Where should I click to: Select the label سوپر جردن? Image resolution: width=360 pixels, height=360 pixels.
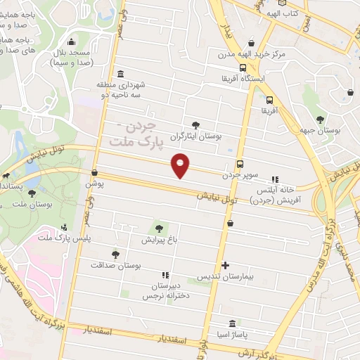coord(240,174)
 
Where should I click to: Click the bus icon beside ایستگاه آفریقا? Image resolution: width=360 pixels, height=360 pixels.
coord(243,68)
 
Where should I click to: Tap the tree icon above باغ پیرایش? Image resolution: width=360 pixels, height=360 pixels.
coord(159,228)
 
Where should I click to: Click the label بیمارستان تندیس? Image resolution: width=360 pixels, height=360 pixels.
coord(224,276)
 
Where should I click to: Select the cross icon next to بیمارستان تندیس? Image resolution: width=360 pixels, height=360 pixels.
coord(224,265)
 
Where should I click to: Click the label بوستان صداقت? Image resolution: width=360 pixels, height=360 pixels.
coord(116,266)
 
